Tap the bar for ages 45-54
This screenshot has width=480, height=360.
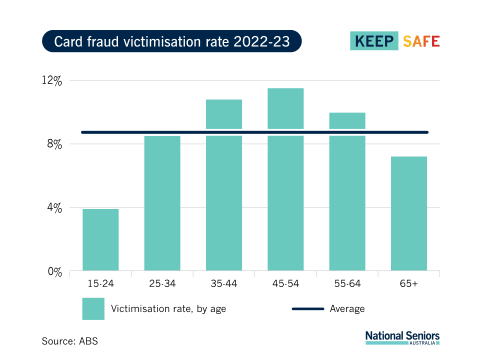[286, 180]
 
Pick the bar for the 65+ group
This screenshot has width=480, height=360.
[409, 214]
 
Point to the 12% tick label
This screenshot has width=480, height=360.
[52, 80]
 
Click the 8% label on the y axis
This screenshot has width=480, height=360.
[54, 144]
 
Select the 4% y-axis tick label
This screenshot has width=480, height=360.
[54, 208]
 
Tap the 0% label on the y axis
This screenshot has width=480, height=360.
[54, 271]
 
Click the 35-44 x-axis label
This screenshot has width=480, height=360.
[224, 285]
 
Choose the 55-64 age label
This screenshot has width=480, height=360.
[347, 285]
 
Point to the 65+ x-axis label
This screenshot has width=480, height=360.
[409, 285]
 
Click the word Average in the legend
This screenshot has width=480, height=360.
[347, 308]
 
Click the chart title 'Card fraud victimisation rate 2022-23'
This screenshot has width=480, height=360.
[171, 42]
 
